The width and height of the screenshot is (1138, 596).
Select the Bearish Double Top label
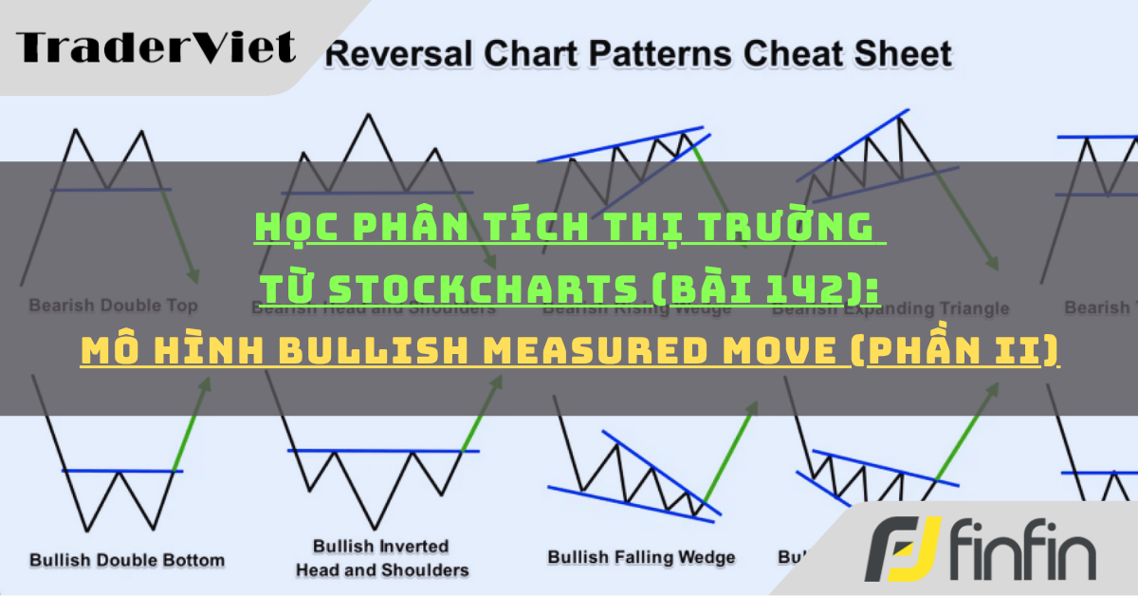click(113, 306)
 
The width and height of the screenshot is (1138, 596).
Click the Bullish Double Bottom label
click(127, 559)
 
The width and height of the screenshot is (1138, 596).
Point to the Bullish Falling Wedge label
click(641, 557)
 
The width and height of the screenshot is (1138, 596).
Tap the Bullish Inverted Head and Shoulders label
click(382, 559)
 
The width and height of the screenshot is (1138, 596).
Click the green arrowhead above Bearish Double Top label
click(193, 274)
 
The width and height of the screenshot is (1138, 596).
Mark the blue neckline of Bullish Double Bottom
click(121, 470)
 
